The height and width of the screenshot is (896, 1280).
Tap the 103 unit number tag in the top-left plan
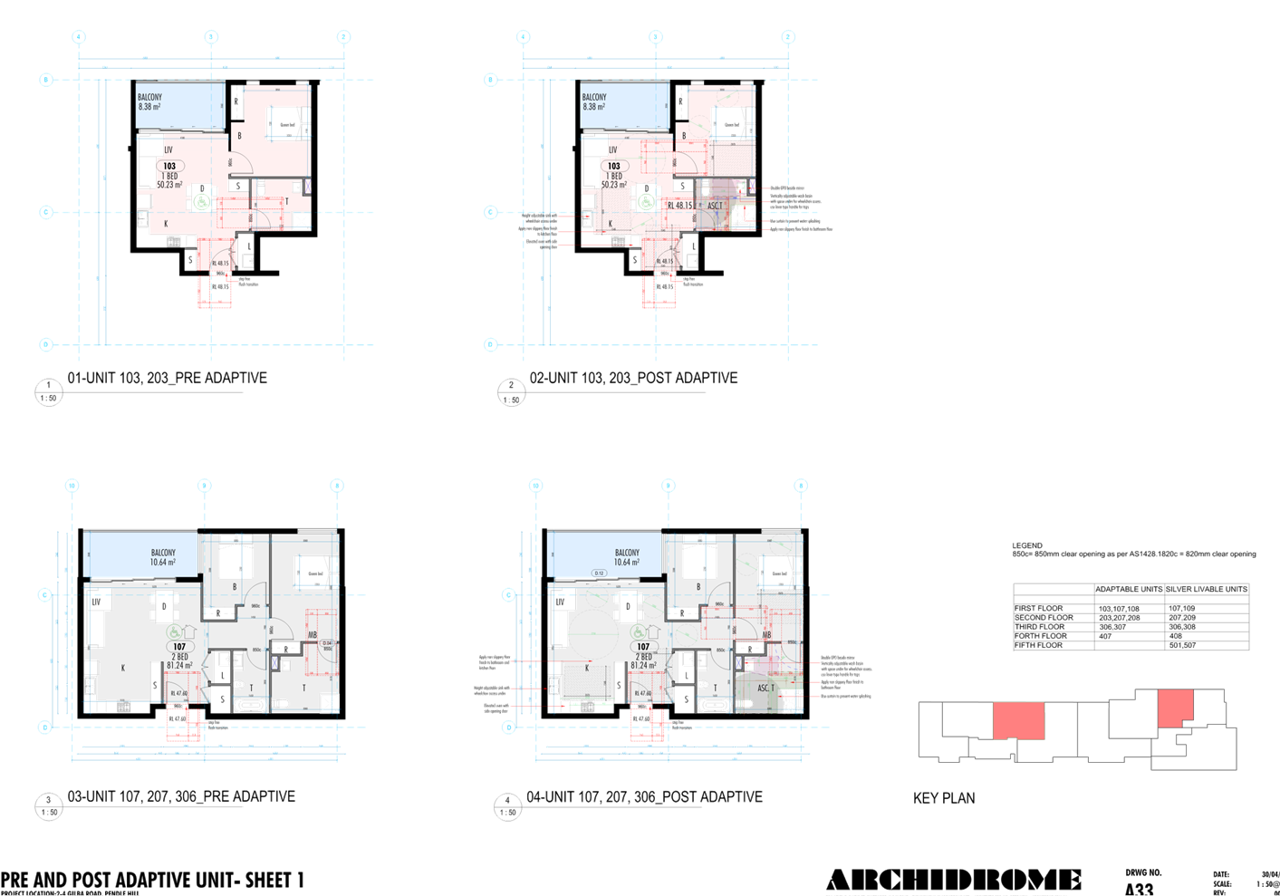[x=169, y=166]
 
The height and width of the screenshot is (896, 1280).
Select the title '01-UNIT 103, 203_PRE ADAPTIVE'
[x=167, y=378]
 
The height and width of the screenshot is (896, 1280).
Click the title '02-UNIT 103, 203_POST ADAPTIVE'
[x=633, y=378]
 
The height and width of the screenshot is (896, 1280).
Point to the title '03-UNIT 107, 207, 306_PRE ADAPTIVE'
[x=181, y=796]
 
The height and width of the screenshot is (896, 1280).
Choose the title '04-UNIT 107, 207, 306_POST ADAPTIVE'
[x=644, y=796]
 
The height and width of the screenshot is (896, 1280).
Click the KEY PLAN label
[x=944, y=798]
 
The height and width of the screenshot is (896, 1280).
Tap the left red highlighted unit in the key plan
[x=1019, y=721]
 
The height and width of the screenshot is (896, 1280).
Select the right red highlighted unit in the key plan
[x=1175, y=707]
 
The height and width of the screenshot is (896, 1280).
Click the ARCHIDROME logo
[x=953, y=880]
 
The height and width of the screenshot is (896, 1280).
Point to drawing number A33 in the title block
[x=1139, y=889]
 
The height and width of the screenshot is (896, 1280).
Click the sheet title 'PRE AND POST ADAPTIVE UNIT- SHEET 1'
[x=152, y=880]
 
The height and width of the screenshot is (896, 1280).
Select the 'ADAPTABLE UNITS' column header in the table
[x=1128, y=589]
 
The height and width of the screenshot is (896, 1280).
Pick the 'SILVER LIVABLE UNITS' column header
[x=1206, y=589]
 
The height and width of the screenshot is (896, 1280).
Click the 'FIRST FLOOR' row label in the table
[x=1038, y=609]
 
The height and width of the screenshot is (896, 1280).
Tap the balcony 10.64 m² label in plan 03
[x=163, y=557]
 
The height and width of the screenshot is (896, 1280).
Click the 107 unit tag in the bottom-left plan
[x=179, y=647]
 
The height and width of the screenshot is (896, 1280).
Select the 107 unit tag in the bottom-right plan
[x=643, y=647]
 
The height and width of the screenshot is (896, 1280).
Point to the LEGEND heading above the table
[x=1027, y=545]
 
